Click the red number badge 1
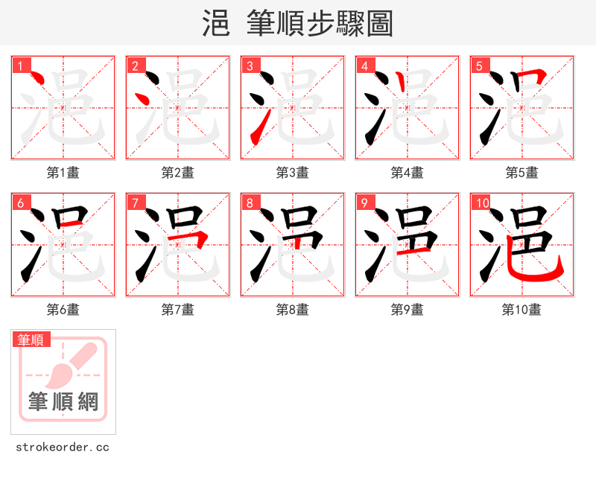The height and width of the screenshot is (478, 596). click(x=20, y=66)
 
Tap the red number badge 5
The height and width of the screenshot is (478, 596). click(x=479, y=66)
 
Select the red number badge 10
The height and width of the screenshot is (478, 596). click(x=482, y=203)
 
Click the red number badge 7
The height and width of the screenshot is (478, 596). click(x=135, y=203)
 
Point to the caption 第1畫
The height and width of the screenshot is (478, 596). click(x=63, y=173)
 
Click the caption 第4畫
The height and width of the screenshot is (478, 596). click(x=408, y=173)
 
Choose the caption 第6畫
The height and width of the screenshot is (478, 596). click(x=63, y=310)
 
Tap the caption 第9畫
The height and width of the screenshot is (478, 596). click(x=408, y=310)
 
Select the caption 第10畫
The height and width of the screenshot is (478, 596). click(x=521, y=310)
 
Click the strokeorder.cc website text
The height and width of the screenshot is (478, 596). click(x=63, y=447)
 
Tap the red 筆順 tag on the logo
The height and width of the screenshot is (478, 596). click(x=31, y=340)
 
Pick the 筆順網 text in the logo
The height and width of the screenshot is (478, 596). click(x=63, y=402)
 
